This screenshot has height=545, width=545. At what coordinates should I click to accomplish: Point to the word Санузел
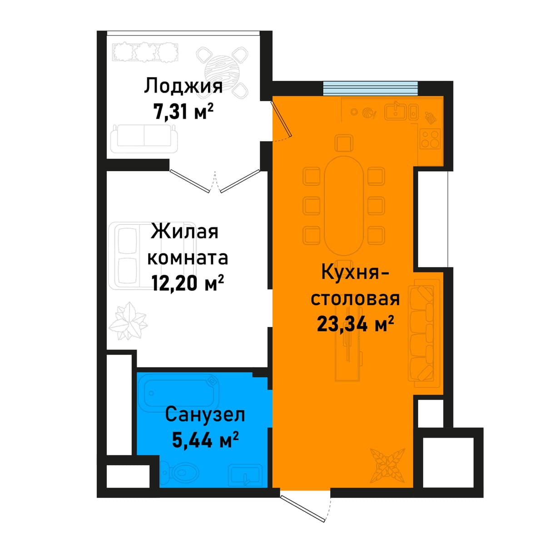(x=205, y=415)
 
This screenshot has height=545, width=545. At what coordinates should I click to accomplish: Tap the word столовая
(x=355, y=299)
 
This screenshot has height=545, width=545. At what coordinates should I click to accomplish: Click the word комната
(x=188, y=258)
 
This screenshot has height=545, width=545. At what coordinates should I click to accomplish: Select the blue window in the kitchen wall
(x=371, y=88)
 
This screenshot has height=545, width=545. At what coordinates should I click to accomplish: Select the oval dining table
(x=344, y=206)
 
